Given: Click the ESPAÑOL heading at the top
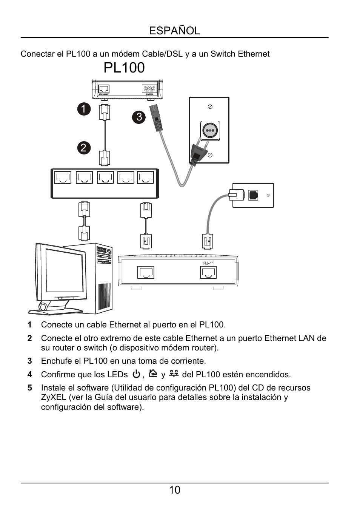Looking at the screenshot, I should [174, 31].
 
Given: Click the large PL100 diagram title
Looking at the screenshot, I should [124, 68].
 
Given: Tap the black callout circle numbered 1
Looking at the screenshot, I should [84, 109].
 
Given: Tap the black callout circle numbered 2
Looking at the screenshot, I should [84, 147].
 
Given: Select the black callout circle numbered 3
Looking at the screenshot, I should [139, 117].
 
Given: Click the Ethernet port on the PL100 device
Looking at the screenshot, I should [103, 89].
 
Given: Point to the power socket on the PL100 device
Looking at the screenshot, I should [149, 89].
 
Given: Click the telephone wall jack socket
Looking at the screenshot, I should [253, 195].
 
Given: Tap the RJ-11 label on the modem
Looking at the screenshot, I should [208, 263].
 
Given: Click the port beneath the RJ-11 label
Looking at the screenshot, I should [208, 272].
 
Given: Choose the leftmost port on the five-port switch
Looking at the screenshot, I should [63, 178].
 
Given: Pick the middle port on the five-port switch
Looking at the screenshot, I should [105, 178].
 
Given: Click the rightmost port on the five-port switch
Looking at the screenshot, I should [146, 178].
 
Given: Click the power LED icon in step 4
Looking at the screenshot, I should [136, 374].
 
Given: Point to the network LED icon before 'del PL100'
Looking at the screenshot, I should [174, 374].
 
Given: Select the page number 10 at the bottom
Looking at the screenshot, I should [175, 490].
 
